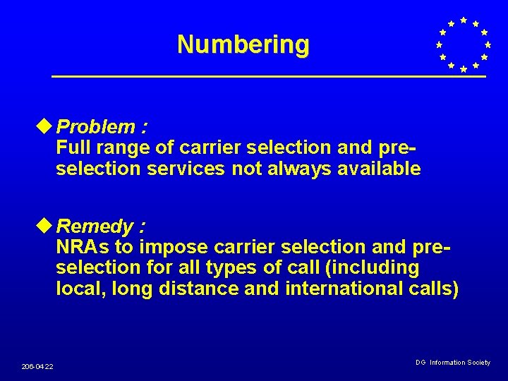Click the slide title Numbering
[243, 44]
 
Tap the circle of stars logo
[462, 44]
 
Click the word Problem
[96, 127]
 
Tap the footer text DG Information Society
[453, 363]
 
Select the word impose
[174, 248]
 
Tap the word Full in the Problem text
[73, 147]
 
